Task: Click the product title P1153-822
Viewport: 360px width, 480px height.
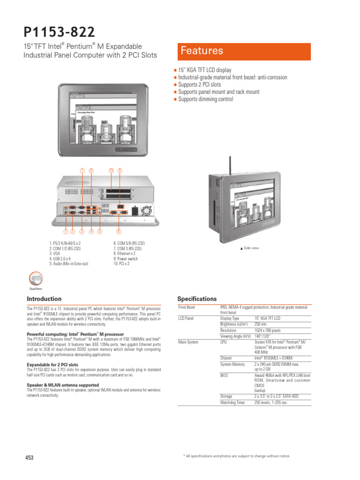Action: (60, 32)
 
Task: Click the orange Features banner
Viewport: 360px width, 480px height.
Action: (243, 52)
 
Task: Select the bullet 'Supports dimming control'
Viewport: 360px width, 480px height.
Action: (205, 99)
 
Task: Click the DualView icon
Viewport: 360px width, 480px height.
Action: (36, 280)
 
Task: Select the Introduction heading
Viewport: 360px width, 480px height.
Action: (44, 299)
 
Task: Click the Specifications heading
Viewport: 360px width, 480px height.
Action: (197, 299)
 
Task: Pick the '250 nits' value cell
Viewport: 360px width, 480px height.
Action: (261, 324)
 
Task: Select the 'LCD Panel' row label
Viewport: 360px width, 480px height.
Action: (187, 318)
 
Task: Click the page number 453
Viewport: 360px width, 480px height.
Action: (29, 458)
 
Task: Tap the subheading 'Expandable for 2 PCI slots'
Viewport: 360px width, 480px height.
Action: (52, 365)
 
